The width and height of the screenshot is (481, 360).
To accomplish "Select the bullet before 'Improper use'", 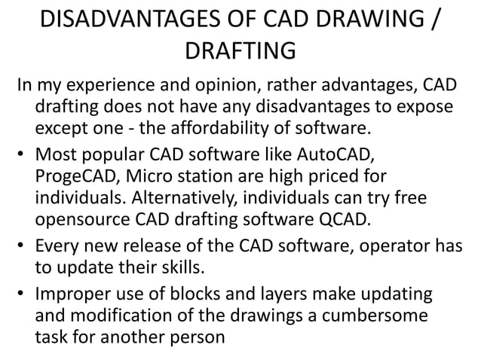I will pyautogui.click(x=22, y=269).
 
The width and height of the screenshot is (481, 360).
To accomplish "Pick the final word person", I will pyautogui.click(x=198, y=309).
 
